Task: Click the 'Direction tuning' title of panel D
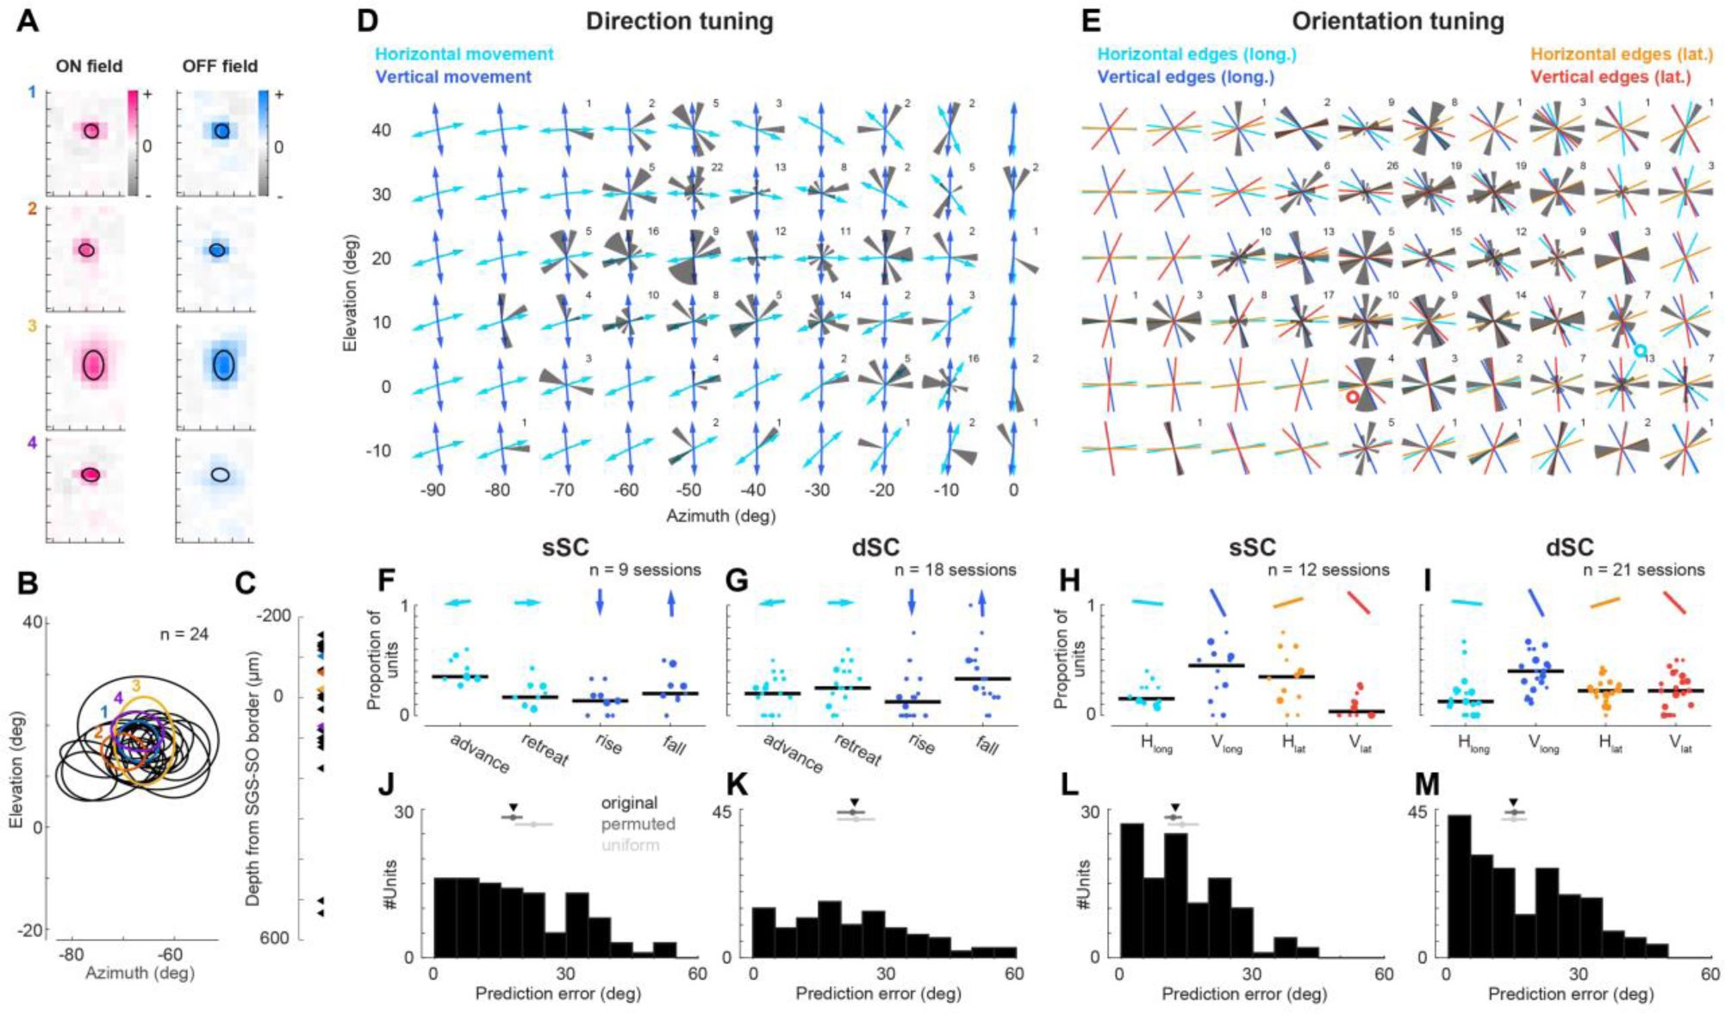point(679,22)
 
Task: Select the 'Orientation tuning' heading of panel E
point(1398,22)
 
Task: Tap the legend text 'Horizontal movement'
point(464,54)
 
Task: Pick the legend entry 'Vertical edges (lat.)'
point(1610,77)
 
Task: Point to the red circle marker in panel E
point(1352,397)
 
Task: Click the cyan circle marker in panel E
point(1641,351)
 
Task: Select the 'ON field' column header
point(89,66)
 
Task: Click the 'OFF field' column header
point(220,66)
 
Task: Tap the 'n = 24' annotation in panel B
point(184,635)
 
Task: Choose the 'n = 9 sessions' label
point(642,570)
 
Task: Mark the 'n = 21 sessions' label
point(1644,570)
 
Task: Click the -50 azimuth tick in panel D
point(689,490)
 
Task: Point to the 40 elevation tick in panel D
point(381,130)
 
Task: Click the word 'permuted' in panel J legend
point(638,824)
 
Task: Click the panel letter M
point(1428,784)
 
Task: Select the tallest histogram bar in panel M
point(1458,886)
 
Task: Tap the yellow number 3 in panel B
point(136,687)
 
